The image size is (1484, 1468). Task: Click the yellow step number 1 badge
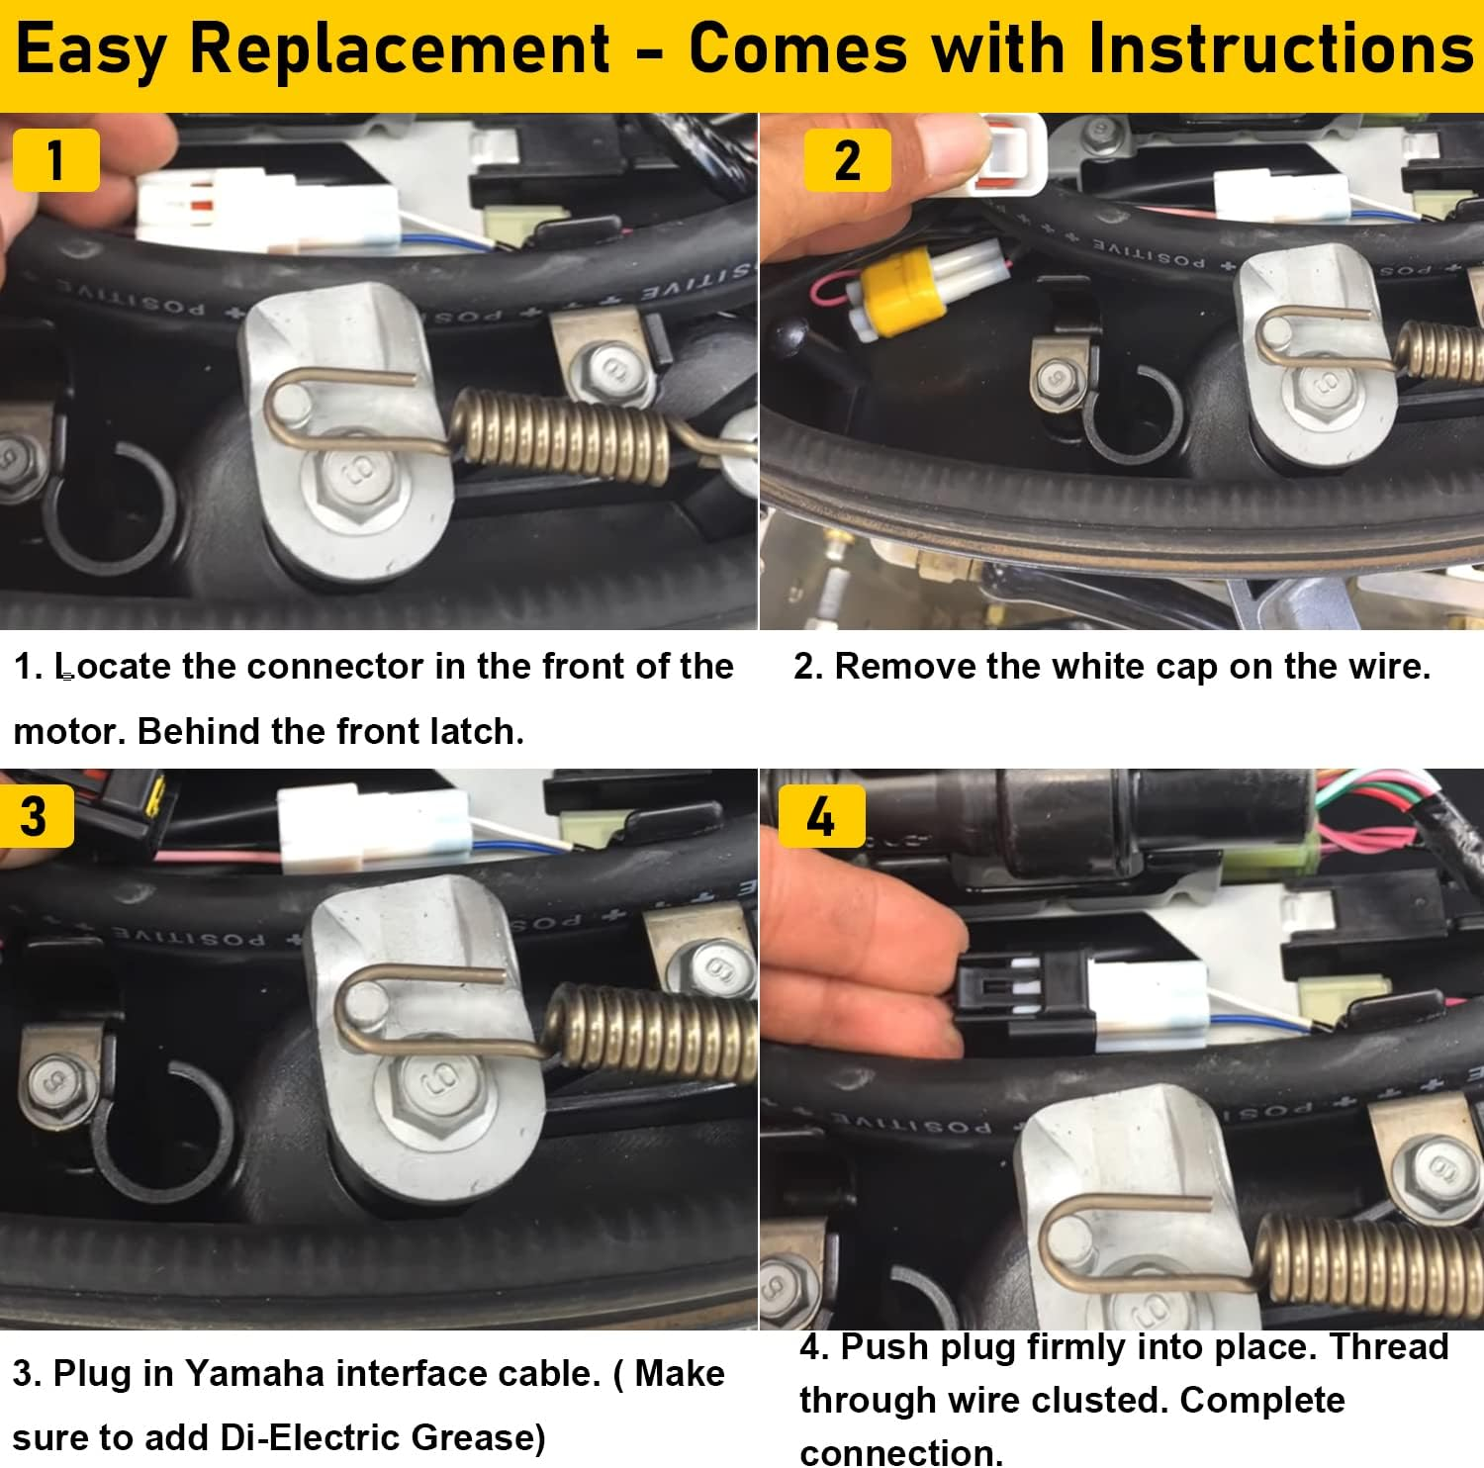[55, 160]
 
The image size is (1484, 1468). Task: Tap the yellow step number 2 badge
[847, 160]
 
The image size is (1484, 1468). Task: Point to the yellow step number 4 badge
[821, 817]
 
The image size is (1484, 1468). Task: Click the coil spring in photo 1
[564, 433]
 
